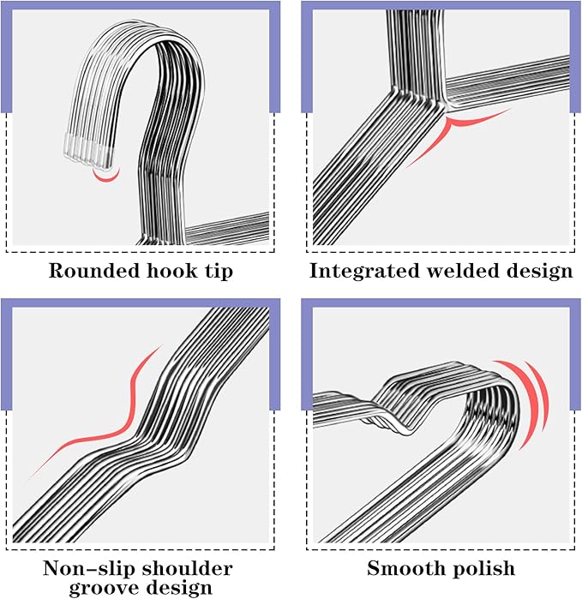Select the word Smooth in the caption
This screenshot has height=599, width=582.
coord(405,568)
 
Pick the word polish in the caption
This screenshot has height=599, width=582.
coord(483,569)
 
